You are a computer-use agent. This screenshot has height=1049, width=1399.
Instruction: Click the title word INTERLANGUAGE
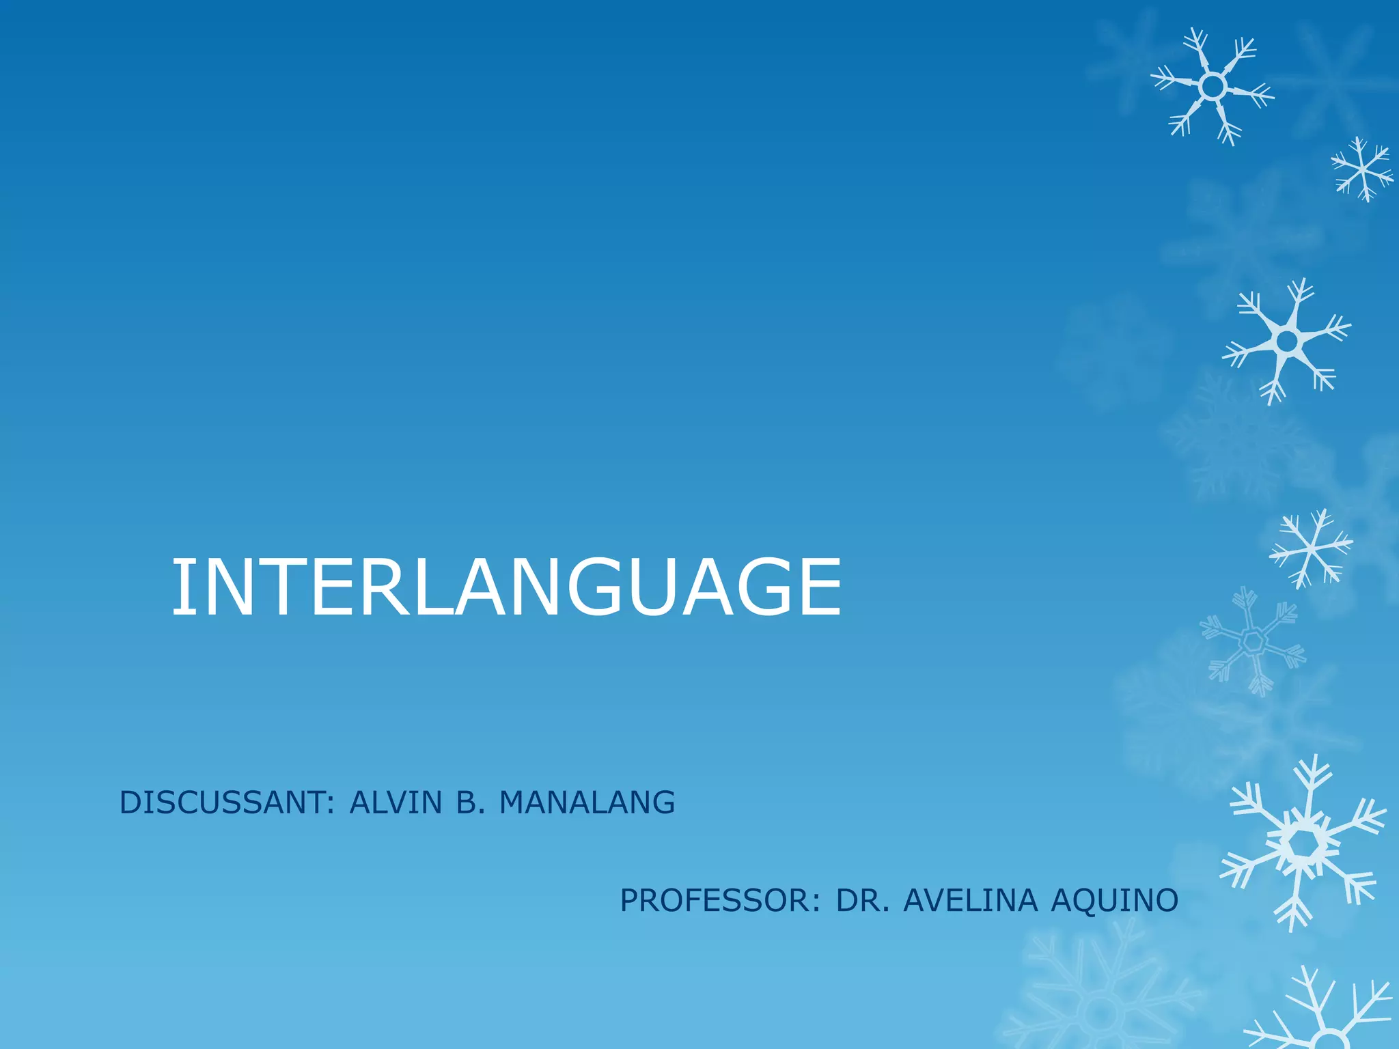505,587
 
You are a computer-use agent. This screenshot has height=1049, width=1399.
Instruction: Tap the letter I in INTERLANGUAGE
181,587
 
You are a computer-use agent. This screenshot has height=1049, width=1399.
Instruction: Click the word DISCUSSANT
222,802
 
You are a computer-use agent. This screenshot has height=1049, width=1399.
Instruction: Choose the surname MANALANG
587,802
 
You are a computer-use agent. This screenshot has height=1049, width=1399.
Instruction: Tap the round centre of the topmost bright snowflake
1212,87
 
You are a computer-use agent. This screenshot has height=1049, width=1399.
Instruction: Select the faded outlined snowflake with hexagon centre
1253,641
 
